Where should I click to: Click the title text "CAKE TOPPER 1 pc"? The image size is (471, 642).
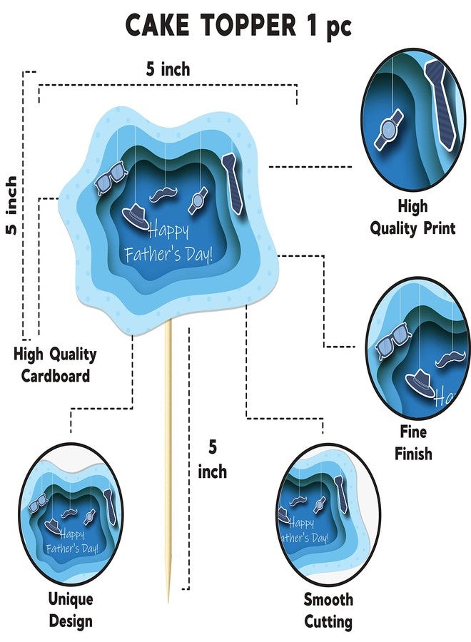click(x=238, y=26)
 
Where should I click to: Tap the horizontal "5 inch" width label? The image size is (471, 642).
click(x=168, y=69)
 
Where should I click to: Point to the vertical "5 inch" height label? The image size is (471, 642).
click(x=12, y=205)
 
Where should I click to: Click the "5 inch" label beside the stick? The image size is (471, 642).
click(x=212, y=459)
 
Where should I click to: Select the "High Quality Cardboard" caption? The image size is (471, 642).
click(x=55, y=365)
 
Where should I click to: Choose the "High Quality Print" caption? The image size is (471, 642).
click(x=412, y=217)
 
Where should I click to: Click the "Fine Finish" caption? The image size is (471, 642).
click(x=413, y=442)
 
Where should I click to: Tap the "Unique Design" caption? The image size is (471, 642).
click(x=71, y=610)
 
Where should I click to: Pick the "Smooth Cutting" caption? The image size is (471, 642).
click(x=328, y=611)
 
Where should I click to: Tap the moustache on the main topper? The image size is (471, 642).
click(x=164, y=195)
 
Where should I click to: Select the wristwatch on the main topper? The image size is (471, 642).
click(x=198, y=200)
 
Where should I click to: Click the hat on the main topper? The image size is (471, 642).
click(x=136, y=215)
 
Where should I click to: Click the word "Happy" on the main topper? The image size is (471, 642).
click(x=168, y=231)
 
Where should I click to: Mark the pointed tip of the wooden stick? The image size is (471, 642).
click(x=168, y=602)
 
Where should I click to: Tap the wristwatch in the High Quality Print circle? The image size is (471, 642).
click(x=389, y=129)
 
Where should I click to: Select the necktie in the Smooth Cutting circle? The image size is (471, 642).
click(x=340, y=494)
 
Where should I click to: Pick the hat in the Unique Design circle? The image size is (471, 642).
click(x=53, y=526)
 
